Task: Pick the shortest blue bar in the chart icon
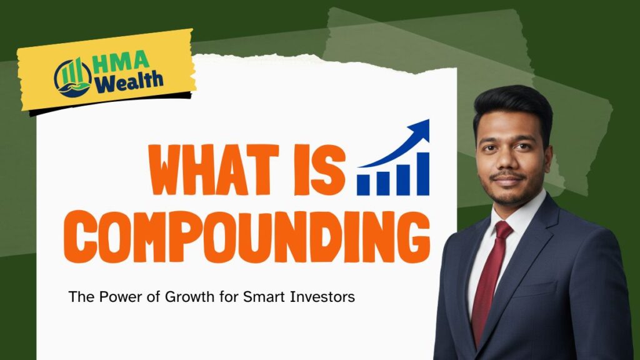pos(364,184)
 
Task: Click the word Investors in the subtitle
pos(323,297)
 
